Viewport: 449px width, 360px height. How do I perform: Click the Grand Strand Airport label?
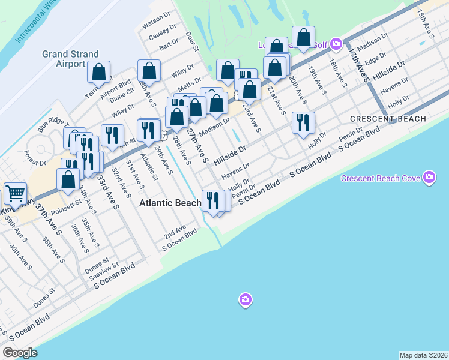[71, 59]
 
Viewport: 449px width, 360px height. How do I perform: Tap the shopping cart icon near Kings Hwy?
[14, 193]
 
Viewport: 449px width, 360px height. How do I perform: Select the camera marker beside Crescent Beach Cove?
[429, 178]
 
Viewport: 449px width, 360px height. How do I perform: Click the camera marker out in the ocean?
[244, 299]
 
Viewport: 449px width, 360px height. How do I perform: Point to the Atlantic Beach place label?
[170, 203]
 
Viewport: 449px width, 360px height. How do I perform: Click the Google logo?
[20, 353]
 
